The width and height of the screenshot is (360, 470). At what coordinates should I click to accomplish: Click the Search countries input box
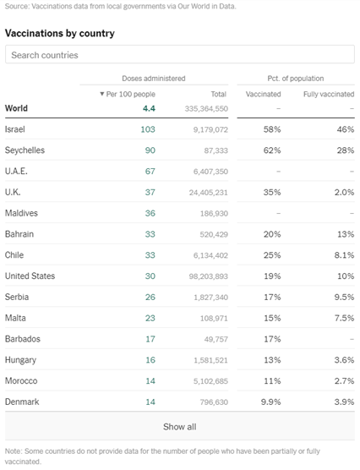[x=180, y=55]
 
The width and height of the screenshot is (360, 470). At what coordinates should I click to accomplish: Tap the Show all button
[x=180, y=427]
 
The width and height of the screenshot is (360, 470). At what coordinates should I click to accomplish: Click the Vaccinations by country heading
[x=60, y=33]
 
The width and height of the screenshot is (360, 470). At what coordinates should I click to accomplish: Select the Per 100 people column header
[x=131, y=94]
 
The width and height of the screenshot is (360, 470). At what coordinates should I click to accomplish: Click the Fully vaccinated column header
[x=329, y=94]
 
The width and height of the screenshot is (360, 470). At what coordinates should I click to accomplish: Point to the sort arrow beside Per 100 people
[x=102, y=94]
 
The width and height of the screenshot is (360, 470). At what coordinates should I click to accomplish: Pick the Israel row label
[x=15, y=129]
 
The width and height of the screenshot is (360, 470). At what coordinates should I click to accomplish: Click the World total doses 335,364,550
[x=206, y=108]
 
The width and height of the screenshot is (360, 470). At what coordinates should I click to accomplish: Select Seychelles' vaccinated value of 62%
[x=272, y=150]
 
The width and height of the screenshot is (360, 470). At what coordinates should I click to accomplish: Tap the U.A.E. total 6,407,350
[x=210, y=172]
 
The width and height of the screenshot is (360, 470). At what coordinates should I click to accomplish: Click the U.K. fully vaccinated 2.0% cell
[x=345, y=192]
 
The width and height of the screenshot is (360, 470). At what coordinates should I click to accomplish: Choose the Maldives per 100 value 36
[x=150, y=213]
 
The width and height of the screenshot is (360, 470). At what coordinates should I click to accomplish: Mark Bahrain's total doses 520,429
[x=214, y=234]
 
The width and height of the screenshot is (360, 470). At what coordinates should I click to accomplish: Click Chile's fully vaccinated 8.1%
[x=345, y=255]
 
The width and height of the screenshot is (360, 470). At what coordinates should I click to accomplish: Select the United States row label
[x=30, y=276]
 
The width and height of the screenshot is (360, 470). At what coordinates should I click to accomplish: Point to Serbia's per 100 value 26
[x=150, y=297]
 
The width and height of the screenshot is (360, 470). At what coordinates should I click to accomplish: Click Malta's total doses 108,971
[x=214, y=319]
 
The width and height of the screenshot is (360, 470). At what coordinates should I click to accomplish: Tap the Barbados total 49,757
[x=216, y=339]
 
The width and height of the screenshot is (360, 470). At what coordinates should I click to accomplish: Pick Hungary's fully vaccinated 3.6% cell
[x=345, y=360]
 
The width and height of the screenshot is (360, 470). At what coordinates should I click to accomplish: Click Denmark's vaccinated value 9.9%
[x=271, y=402]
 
